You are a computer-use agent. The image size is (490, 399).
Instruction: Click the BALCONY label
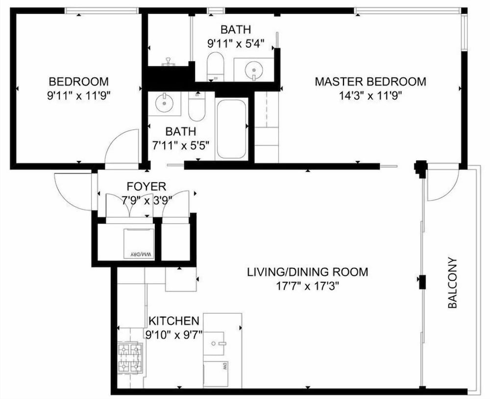point(452,283)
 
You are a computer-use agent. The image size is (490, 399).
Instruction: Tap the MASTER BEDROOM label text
point(370,81)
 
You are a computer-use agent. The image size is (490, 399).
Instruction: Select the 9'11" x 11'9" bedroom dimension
point(79,95)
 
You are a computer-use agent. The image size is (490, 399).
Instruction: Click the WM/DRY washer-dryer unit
point(139,243)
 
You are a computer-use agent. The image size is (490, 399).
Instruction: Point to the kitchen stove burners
point(130,359)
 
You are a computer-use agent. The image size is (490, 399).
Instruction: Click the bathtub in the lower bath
point(231,129)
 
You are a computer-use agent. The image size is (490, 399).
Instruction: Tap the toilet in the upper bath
point(216,66)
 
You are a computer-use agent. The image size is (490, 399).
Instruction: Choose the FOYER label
point(146,186)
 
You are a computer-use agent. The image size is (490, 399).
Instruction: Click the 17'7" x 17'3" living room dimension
point(308,286)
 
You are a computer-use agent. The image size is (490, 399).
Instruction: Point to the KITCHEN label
point(174,321)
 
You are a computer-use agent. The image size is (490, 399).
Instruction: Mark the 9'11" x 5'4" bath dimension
point(236,43)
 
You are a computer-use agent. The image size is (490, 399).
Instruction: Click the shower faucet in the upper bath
point(169,61)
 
